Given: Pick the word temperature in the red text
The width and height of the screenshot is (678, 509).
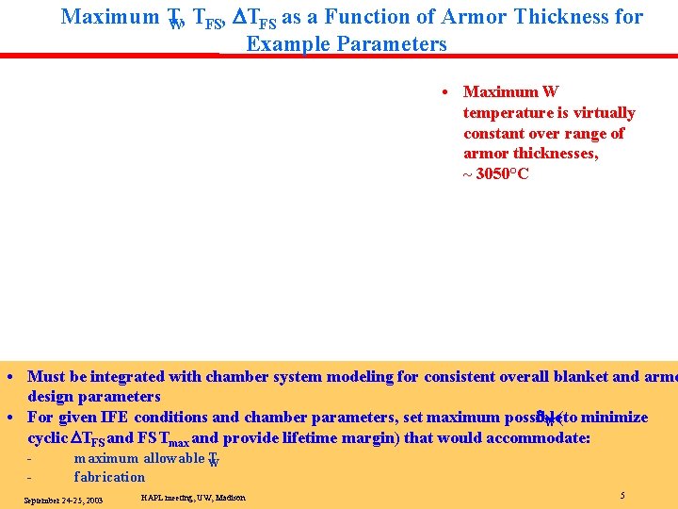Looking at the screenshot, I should point(506,113).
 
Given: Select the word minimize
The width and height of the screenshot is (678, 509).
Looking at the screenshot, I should point(614,418).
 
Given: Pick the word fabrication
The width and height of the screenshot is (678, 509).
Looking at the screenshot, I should point(109,477).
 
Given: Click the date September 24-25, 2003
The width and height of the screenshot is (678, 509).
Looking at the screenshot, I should point(63,501).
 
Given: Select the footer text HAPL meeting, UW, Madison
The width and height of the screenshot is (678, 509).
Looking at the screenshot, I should point(193,498).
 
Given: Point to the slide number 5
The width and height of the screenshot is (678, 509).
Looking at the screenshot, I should point(622,496).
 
